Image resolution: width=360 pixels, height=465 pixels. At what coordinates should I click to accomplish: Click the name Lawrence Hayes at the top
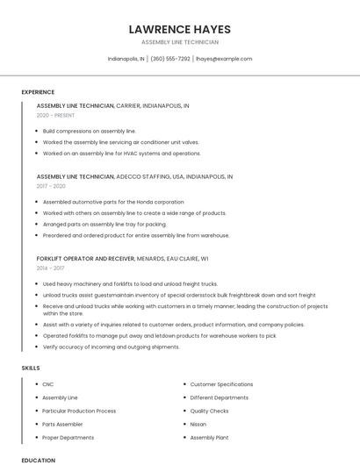[179, 29]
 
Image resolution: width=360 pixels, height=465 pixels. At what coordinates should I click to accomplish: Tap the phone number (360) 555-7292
[170, 59]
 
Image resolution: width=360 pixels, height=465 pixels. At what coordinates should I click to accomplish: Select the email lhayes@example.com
[224, 59]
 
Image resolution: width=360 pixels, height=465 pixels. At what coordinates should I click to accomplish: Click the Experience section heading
[38, 92]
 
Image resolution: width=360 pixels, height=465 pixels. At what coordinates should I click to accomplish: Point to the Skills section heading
[31, 368]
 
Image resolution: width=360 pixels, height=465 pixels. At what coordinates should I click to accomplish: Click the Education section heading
[38, 460]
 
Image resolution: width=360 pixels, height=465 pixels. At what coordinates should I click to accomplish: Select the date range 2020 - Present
[57, 115]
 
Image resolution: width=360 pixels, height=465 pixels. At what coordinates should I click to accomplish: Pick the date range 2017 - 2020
[51, 186]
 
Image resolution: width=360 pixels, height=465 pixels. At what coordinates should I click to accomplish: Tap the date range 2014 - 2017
[50, 268]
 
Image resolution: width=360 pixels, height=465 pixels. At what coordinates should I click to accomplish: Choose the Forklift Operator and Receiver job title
[86, 259]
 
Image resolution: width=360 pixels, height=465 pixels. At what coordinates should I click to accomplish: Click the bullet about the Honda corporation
[113, 202]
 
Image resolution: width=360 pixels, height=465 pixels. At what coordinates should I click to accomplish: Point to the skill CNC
[48, 384]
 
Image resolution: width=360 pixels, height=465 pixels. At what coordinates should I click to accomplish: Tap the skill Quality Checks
[209, 411]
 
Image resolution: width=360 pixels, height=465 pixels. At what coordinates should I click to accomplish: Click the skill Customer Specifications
[221, 384]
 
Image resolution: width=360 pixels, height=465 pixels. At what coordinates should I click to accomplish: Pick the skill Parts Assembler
[61, 424]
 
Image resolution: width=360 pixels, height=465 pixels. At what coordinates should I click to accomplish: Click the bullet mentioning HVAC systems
[121, 154]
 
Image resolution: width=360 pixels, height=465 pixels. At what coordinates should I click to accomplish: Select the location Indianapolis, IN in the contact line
[126, 59]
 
